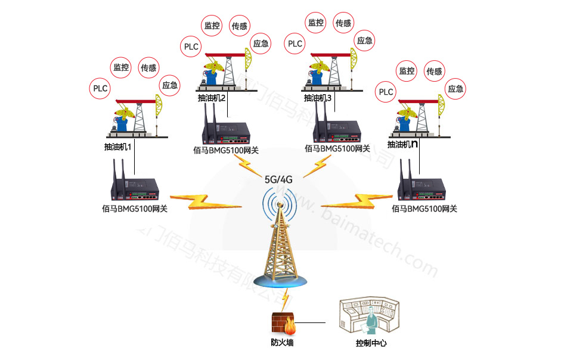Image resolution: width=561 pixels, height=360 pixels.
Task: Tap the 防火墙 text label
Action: pyautogui.click(x=282, y=343)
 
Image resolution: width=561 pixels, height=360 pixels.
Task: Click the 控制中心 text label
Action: pyautogui.click(x=371, y=343)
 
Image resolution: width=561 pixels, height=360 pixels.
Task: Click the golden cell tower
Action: pyautogui.click(x=280, y=244)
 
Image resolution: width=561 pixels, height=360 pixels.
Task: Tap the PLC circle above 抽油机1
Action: pyautogui.click(x=100, y=89)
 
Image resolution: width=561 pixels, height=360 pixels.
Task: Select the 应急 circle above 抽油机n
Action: pyautogui.click(x=455, y=89)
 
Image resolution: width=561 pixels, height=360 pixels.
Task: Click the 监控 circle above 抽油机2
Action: pyautogui.click(x=212, y=26)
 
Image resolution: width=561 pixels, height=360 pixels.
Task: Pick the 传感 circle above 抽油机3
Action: pyautogui.click(x=343, y=23)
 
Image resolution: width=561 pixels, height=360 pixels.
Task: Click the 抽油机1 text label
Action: pyautogui.click(x=117, y=145)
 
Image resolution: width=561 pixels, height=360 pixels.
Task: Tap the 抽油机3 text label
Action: pyautogui.click(x=317, y=98)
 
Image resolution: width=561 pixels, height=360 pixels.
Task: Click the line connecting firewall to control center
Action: pyautogui.click(x=312, y=323)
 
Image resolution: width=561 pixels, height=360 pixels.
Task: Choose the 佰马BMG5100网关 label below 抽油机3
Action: pyautogui.click(x=337, y=149)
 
